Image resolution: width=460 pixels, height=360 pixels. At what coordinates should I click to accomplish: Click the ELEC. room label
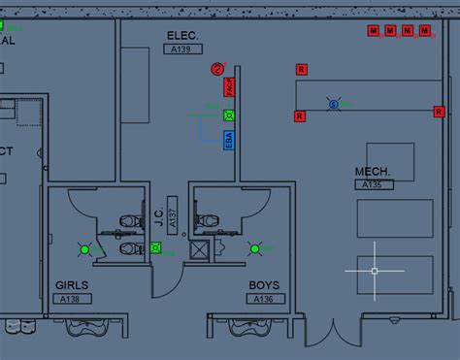pos(181,36)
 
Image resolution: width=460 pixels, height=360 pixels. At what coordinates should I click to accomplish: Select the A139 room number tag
pos(181,49)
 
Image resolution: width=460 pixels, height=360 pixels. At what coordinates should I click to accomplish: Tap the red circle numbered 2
pos(217,68)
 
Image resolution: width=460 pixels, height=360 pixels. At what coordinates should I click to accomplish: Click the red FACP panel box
pos(229,87)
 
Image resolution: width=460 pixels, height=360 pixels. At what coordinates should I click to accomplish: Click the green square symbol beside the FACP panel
pos(229,115)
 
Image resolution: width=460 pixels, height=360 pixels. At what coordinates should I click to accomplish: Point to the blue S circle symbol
pos(333,103)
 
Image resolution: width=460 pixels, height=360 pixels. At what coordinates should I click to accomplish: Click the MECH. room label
pos(372,172)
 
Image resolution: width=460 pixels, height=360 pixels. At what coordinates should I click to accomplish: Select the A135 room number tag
pos(372,184)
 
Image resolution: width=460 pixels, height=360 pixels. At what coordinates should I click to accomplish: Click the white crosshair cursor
pos(375,270)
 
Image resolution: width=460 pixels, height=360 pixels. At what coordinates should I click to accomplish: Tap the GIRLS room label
pos(73,286)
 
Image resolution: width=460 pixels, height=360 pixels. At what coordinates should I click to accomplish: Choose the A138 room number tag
pos(73,299)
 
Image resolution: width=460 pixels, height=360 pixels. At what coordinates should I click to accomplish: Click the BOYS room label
pos(263,286)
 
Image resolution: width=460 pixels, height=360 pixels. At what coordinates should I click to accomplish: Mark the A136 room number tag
pos(263,299)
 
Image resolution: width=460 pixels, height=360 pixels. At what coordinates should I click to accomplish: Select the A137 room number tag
pos(172,218)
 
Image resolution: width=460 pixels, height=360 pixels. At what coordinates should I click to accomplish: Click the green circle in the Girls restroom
pos(84,249)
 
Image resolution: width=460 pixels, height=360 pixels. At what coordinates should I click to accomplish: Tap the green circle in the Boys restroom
pos(254,248)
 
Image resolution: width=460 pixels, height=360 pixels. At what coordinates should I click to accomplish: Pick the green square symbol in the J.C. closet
pos(156,247)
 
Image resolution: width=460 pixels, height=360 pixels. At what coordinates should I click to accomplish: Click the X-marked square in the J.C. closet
pos(200,250)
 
